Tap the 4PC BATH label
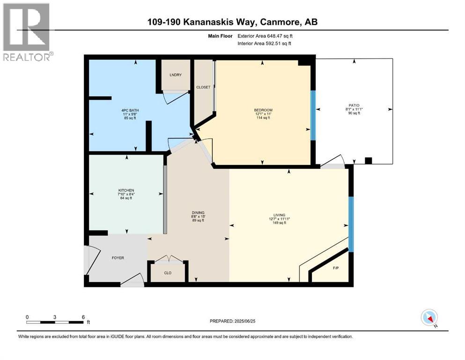(x=130, y=111)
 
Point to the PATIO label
(x=354, y=105)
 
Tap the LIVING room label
(x=280, y=215)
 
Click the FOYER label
(x=118, y=258)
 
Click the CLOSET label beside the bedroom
(x=203, y=87)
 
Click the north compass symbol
(x=429, y=318)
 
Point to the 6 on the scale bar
(x=83, y=317)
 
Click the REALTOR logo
(x=27, y=32)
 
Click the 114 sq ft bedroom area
(x=263, y=118)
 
